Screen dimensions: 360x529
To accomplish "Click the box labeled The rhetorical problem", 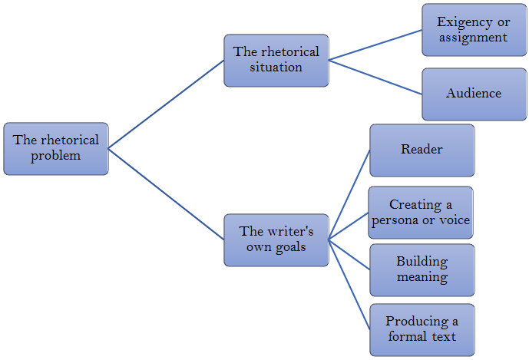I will point(56,148).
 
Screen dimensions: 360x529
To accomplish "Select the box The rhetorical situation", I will point(276,60).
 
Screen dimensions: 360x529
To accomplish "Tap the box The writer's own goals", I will point(276,239).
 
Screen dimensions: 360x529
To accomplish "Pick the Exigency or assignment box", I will point(474,30).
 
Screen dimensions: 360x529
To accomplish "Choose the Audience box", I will point(474,94).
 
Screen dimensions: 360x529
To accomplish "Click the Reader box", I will point(422,150).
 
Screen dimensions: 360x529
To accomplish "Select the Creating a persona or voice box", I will point(421,213).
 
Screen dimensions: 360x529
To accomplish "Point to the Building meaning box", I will point(422,269).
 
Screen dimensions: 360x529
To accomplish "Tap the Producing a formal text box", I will point(422,329).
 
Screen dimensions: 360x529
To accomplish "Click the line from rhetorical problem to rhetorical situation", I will point(166,104).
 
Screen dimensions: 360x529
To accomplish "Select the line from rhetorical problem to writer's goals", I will point(166,193).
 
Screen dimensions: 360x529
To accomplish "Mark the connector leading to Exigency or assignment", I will point(375,45).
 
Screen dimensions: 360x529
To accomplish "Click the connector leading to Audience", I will point(375,77).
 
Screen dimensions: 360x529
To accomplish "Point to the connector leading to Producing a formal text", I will point(349,284).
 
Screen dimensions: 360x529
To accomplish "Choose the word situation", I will point(276,68).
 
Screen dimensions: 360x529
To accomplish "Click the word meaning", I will point(422,276).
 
